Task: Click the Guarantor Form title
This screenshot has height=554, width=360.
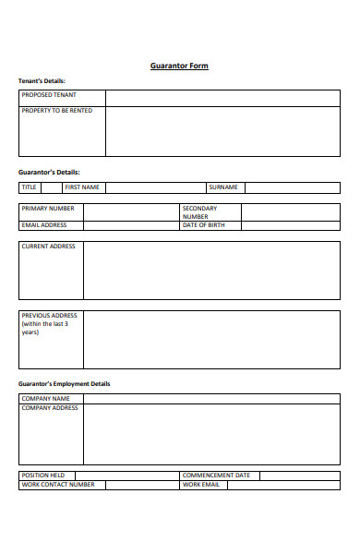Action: pos(179,66)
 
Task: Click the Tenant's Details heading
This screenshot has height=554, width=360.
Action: pos(42,81)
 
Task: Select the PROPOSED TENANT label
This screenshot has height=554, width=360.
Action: pos(49,95)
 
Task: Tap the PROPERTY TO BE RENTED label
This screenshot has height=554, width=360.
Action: pos(57,111)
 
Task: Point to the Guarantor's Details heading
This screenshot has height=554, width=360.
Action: pos(49,172)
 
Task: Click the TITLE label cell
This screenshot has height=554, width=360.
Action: pos(30,187)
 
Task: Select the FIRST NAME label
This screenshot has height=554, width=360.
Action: pos(81,187)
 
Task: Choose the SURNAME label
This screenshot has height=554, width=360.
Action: pos(222,187)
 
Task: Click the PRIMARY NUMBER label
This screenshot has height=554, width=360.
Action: pos(48,209)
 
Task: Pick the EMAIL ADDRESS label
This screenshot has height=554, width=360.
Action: pos(44,224)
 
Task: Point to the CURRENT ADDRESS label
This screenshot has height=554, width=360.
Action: pos(49,247)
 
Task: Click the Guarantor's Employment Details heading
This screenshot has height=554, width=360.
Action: pos(65,383)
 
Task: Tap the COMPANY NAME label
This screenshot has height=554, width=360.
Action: pos(46,399)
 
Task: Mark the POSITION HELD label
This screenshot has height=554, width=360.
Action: pos(43,476)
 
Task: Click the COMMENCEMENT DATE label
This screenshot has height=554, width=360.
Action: pos(216,476)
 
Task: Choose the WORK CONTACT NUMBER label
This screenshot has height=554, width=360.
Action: pos(58,484)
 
